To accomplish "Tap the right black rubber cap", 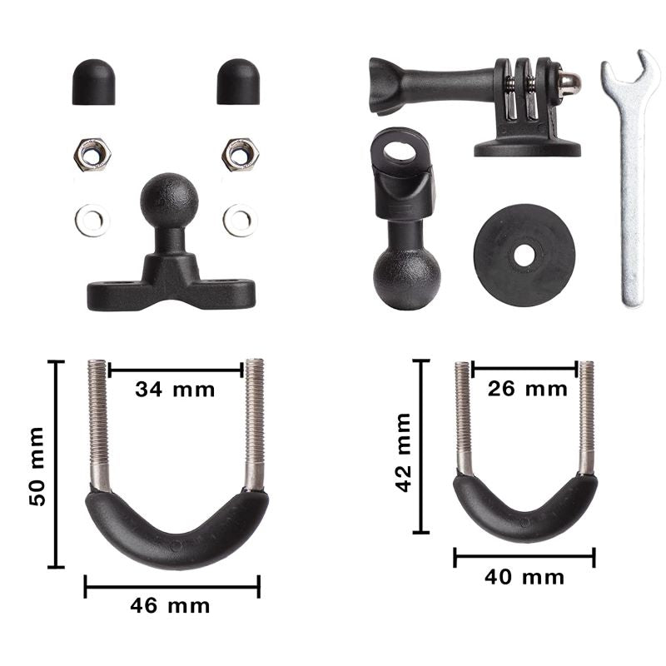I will tap(238, 82).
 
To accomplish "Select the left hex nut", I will tap(92, 154).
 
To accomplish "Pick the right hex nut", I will tap(240, 154).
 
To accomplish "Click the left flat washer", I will tap(92, 220).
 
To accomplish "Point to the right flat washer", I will tap(240, 220).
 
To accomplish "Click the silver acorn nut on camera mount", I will tap(569, 82).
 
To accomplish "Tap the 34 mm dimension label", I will tap(176, 389).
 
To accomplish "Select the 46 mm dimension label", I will tap(171, 605).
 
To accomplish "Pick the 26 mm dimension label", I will tap(528, 388).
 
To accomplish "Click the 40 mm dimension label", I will tap(524, 577).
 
